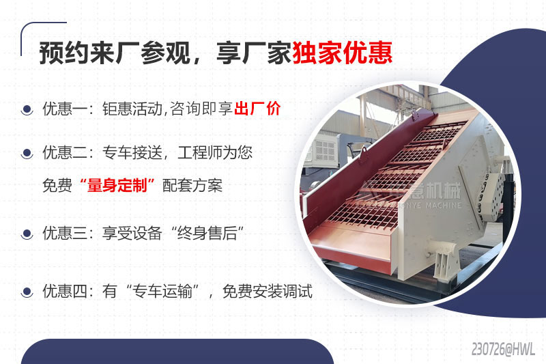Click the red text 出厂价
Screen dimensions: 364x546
(x=257, y=109)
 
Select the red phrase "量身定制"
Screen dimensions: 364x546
(x=118, y=185)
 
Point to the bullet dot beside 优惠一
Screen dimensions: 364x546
(x=27, y=109)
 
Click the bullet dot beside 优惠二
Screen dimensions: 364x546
(x=27, y=153)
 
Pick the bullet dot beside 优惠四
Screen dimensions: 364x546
(x=27, y=292)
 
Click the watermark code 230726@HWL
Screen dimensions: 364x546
(x=503, y=349)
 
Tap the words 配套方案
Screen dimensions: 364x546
(x=192, y=185)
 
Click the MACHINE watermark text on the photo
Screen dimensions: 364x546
(x=437, y=205)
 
